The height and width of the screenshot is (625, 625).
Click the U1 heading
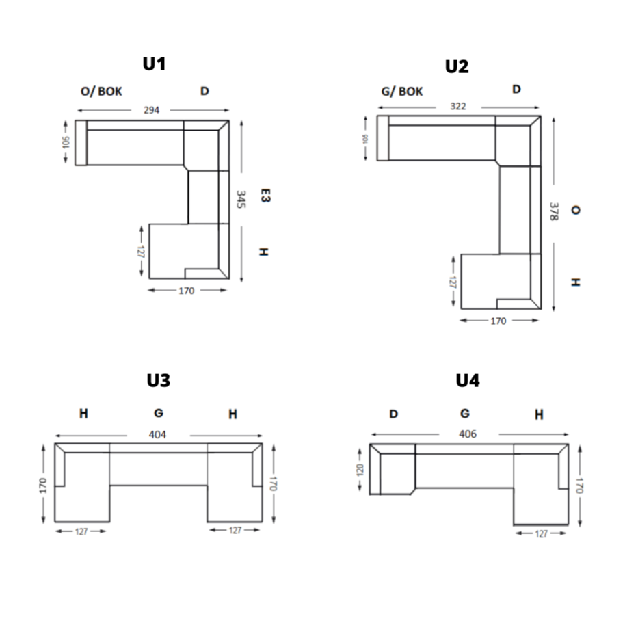154,64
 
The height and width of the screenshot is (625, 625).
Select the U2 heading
457,66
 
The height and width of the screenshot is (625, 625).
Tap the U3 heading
158,380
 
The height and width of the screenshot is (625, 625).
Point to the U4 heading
468,380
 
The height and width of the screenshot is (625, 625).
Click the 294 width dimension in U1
151,110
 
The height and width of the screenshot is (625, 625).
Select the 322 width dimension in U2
458,107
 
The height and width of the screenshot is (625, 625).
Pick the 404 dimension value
158,434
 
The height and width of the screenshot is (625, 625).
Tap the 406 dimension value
468,434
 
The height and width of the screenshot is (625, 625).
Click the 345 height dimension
241,200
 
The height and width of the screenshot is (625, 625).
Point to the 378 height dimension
553,211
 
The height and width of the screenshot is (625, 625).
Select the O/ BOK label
101,91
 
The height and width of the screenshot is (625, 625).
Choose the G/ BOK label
402,91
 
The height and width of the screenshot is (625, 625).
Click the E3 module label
265,196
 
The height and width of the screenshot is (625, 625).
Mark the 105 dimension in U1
66,142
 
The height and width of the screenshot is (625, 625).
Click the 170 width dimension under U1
187,291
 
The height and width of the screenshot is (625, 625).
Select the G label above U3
158,414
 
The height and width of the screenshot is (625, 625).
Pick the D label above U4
394,414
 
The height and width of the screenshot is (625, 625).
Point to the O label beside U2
575,211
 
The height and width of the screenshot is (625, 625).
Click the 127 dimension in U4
542,534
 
